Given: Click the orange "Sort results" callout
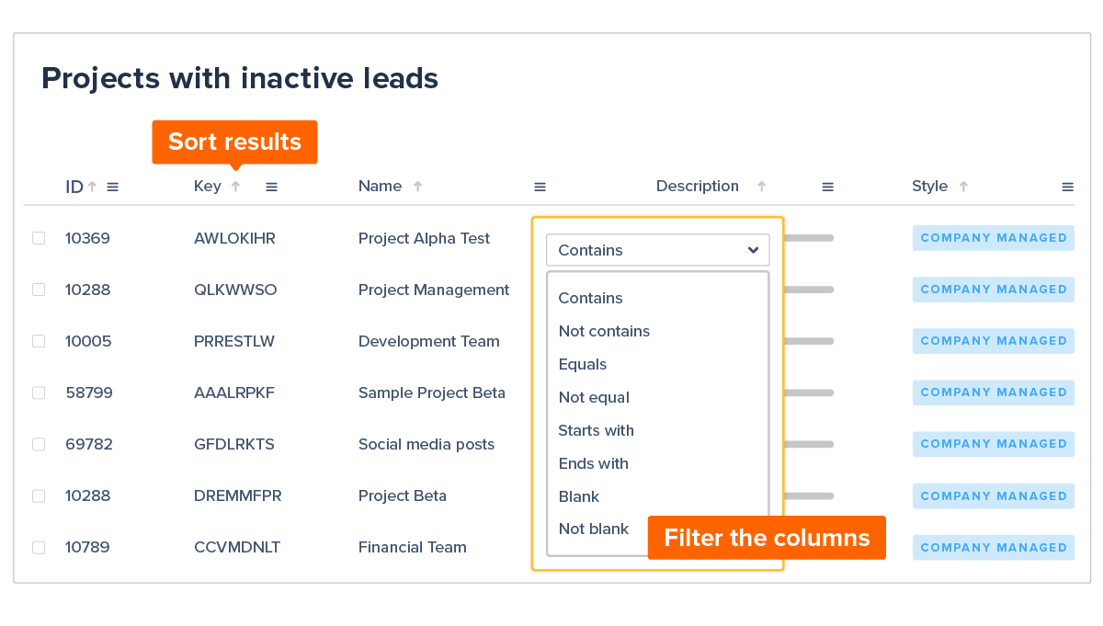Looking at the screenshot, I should [234, 142].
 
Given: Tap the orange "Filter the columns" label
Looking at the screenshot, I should [766, 538].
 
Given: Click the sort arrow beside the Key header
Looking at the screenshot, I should [235, 187].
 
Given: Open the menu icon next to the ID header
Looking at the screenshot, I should [112, 187].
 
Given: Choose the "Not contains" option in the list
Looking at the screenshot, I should [604, 331].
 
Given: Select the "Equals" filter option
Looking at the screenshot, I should [583, 364].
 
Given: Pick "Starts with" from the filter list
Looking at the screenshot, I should [596, 430].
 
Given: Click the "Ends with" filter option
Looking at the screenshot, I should [593, 463].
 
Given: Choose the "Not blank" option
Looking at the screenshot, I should [593, 529].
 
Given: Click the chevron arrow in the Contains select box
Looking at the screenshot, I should [753, 250].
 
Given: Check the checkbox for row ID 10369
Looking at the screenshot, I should [39, 238].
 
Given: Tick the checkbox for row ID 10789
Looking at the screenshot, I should [39, 547].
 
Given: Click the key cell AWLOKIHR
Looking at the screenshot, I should [234, 238].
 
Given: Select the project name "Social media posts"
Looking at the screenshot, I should [426, 444].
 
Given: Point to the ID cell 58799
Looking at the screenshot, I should [89, 393].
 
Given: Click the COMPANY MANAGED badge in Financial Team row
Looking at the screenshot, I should [993, 547].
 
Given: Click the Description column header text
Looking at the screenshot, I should [697, 187].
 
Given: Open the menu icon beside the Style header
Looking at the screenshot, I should [1067, 187].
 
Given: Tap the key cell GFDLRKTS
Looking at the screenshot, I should [233, 444].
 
